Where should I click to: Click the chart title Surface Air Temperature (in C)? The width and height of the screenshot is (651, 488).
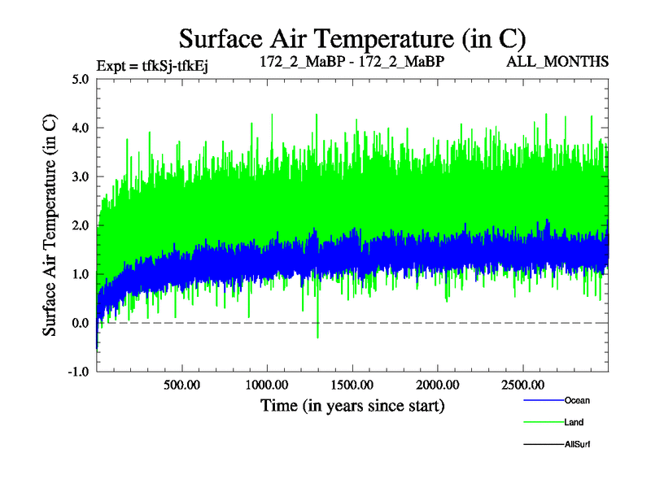pyautogui.click(x=352, y=38)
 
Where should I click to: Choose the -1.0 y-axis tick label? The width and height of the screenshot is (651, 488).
pyautogui.click(x=79, y=372)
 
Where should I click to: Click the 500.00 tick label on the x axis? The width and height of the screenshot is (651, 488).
pyautogui.click(x=181, y=384)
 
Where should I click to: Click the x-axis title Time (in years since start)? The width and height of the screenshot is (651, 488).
pyautogui.click(x=352, y=404)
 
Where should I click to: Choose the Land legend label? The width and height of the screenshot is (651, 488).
pyautogui.click(x=575, y=422)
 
